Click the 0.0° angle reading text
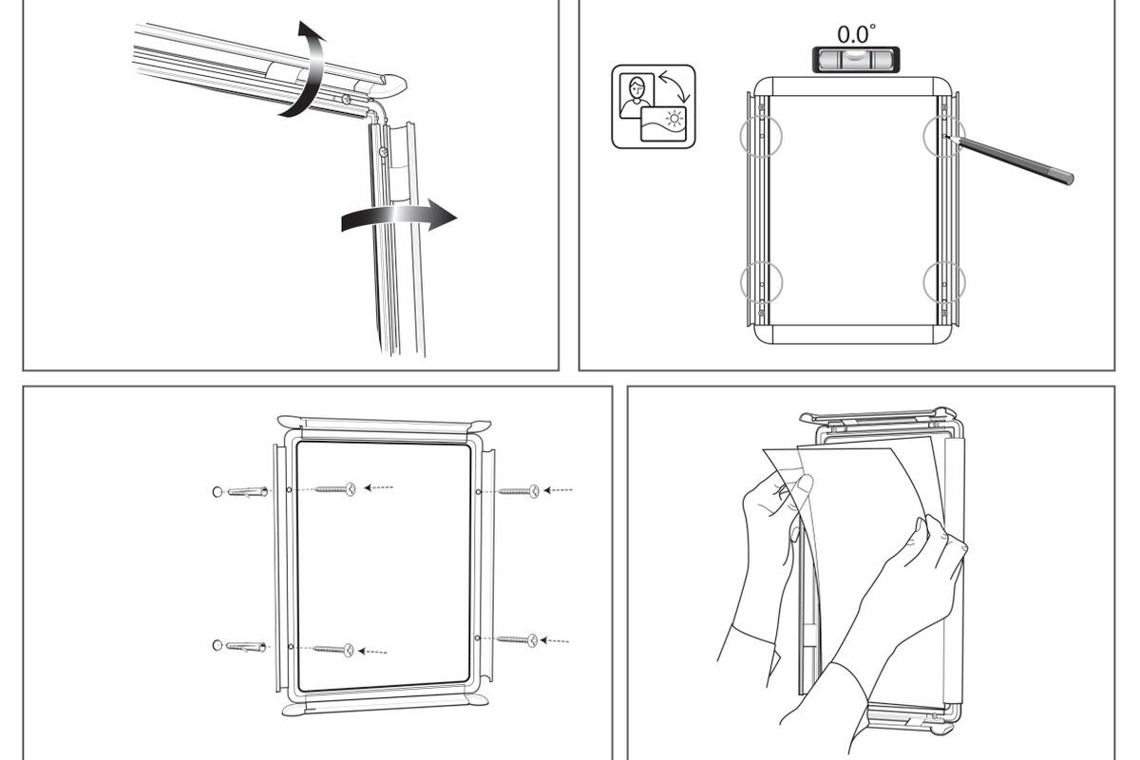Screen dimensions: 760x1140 854,34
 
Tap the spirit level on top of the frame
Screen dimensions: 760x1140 855,60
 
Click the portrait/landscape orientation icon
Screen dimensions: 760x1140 654,106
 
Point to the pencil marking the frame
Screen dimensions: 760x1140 1013,157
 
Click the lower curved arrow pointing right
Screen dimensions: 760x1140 399,217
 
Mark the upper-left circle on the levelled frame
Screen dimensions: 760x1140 761,136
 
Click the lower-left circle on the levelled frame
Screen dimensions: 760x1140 761,281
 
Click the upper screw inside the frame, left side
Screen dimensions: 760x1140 334,489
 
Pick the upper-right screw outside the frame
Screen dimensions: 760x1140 520,491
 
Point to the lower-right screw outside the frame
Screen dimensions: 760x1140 518,640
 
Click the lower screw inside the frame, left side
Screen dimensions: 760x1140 333,650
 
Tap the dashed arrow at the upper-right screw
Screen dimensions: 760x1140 560,490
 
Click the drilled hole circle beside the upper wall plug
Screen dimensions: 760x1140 217,491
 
